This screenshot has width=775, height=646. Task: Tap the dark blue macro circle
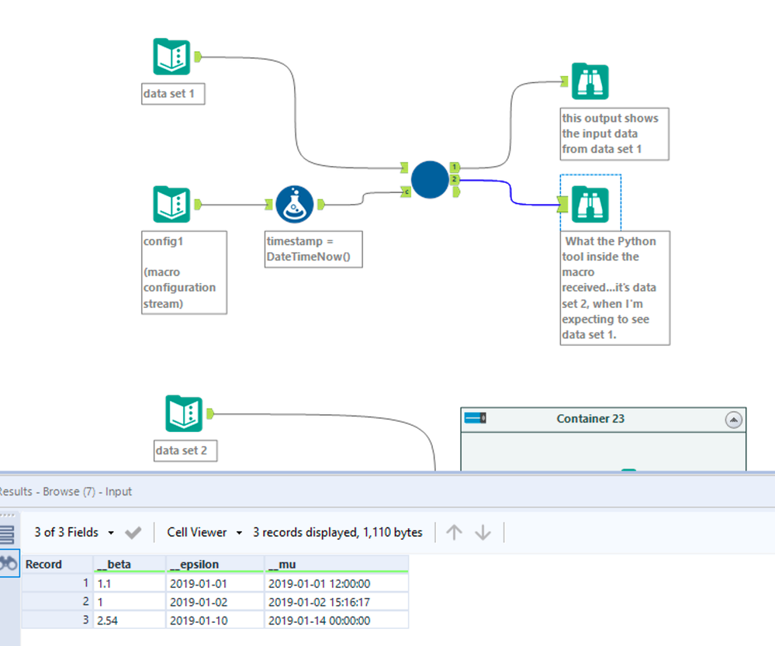(430, 179)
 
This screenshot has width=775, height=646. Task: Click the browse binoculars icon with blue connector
(590, 205)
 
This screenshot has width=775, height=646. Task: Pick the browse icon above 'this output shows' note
(590, 81)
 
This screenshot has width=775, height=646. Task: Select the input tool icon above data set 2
(184, 414)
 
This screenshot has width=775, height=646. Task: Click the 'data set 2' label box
(185, 450)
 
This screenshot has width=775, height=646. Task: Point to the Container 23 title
(590, 419)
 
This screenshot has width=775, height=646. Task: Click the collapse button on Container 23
(733, 420)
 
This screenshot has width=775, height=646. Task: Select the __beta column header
(112, 565)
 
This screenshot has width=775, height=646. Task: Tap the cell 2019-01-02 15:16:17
(320, 602)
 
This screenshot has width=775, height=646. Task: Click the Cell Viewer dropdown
(204, 533)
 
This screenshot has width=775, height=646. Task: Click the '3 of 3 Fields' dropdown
(74, 533)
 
